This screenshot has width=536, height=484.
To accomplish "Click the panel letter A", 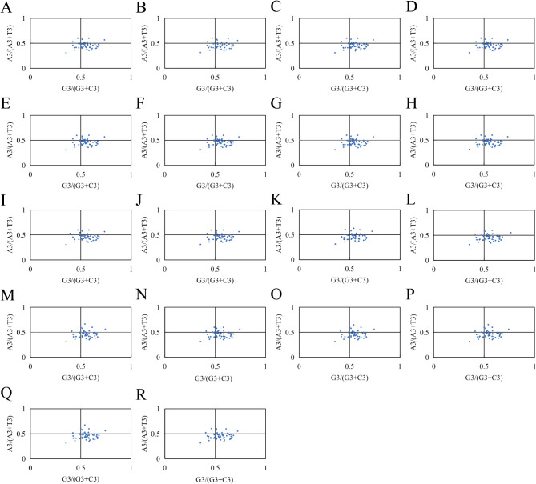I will click(7, 9).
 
